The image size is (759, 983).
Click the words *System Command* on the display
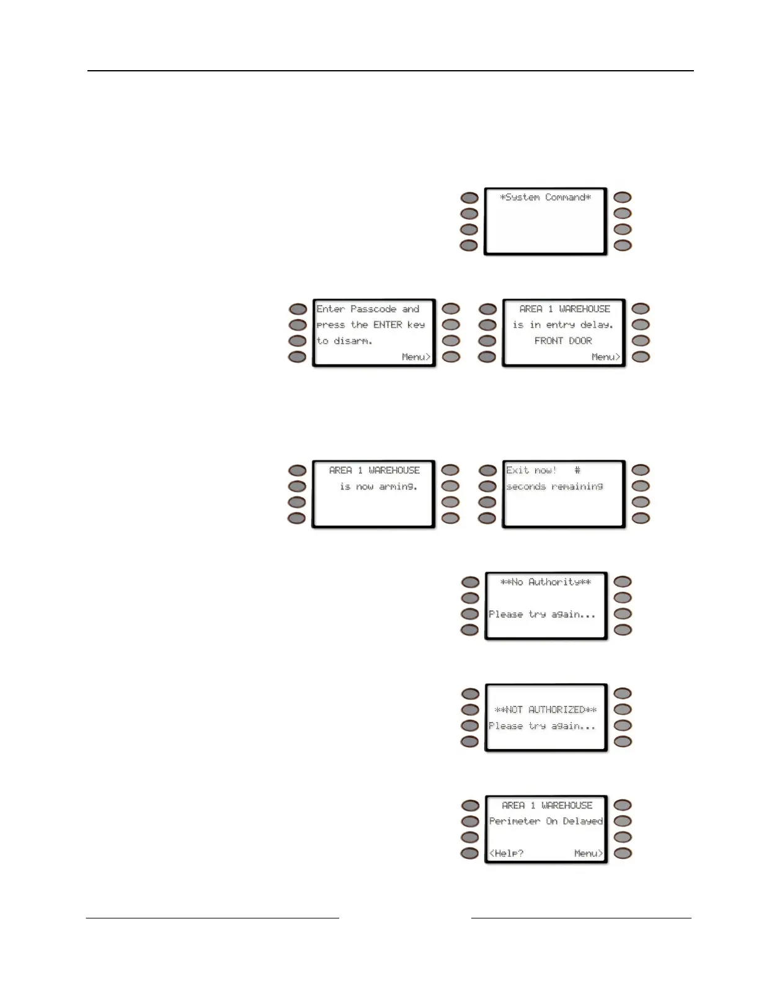click(x=545, y=197)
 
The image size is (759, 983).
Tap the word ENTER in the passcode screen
click(x=388, y=325)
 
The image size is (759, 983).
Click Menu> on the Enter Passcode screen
click(x=415, y=357)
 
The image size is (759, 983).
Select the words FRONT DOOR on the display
click(x=563, y=341)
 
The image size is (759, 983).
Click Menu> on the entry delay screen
click(x=605, y=357)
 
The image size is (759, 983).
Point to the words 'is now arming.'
click(x=378, y=487)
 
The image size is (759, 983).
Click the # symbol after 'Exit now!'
click(x=577, y=470)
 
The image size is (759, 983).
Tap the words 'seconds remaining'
click(x=554, y=487)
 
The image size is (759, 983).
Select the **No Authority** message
click(x=545, y=582)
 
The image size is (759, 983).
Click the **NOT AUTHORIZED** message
click(x=545, y=709)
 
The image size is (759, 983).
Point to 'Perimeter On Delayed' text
click(x=546, y=821)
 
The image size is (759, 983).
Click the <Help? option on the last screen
click(x=506, y=853)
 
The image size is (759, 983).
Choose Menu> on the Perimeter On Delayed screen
click(x=588, y=853)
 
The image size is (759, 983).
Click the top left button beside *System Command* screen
click(x=469, y=198)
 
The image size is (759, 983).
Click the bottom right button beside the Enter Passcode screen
click(x=451, y=357)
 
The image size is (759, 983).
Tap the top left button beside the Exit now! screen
click(x=488, y=470)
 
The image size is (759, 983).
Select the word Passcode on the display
click(x=373, y=309)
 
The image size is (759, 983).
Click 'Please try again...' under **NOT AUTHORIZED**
click(x=542, y=726)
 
